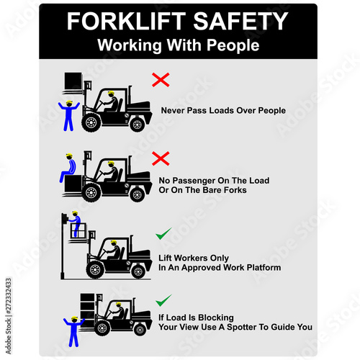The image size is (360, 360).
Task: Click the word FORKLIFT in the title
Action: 126,21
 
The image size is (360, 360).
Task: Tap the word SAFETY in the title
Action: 240,21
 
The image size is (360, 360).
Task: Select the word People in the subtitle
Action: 233,45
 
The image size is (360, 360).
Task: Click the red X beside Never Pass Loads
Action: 161,80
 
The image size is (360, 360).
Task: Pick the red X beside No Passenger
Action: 161,158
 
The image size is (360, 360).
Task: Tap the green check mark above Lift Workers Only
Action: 163,233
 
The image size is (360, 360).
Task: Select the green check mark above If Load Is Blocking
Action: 163,300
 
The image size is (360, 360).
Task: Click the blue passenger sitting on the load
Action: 68,168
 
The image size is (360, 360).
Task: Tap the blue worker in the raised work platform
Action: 76,223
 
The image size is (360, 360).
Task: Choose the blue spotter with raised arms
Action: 74,332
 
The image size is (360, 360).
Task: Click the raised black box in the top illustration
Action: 73,81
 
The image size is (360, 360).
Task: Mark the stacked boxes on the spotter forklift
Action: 88,310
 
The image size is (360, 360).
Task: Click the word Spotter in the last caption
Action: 242,328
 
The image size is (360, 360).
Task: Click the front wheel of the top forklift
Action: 91,122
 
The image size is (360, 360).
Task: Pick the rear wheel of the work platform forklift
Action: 138,271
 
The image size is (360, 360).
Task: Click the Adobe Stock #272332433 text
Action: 9,316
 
